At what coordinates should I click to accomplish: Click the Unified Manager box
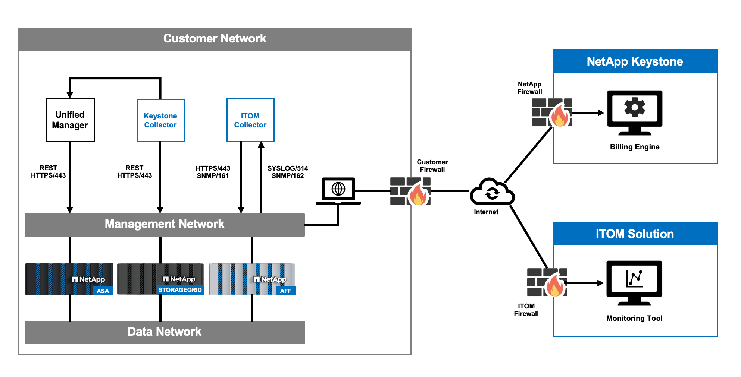point(70,120)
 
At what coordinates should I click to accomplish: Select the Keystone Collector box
point(160,120)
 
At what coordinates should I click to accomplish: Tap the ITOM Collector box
point(250,120)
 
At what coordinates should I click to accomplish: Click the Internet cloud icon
point(492,192)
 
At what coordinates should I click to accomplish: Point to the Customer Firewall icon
point(410,191)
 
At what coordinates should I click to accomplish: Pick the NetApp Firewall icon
point(552,113)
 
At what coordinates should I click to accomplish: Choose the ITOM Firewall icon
point(547,282)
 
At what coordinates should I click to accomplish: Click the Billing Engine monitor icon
point(635,112)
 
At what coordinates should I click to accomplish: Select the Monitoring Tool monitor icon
point(634,283)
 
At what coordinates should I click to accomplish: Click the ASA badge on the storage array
point(103,291)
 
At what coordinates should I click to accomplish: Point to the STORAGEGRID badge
point(180,290)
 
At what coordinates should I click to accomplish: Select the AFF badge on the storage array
point(285,291)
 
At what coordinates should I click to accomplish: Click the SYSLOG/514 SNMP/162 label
point(288,172)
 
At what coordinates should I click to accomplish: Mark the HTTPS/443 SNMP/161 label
point(213,172)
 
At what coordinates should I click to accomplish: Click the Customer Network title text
point(215,38)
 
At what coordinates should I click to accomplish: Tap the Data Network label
point(164,332)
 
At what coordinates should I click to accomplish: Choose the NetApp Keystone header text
point(635,61)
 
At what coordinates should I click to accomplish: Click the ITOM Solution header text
point(635,234)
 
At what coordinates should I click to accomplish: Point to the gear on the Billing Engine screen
point(635,107)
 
